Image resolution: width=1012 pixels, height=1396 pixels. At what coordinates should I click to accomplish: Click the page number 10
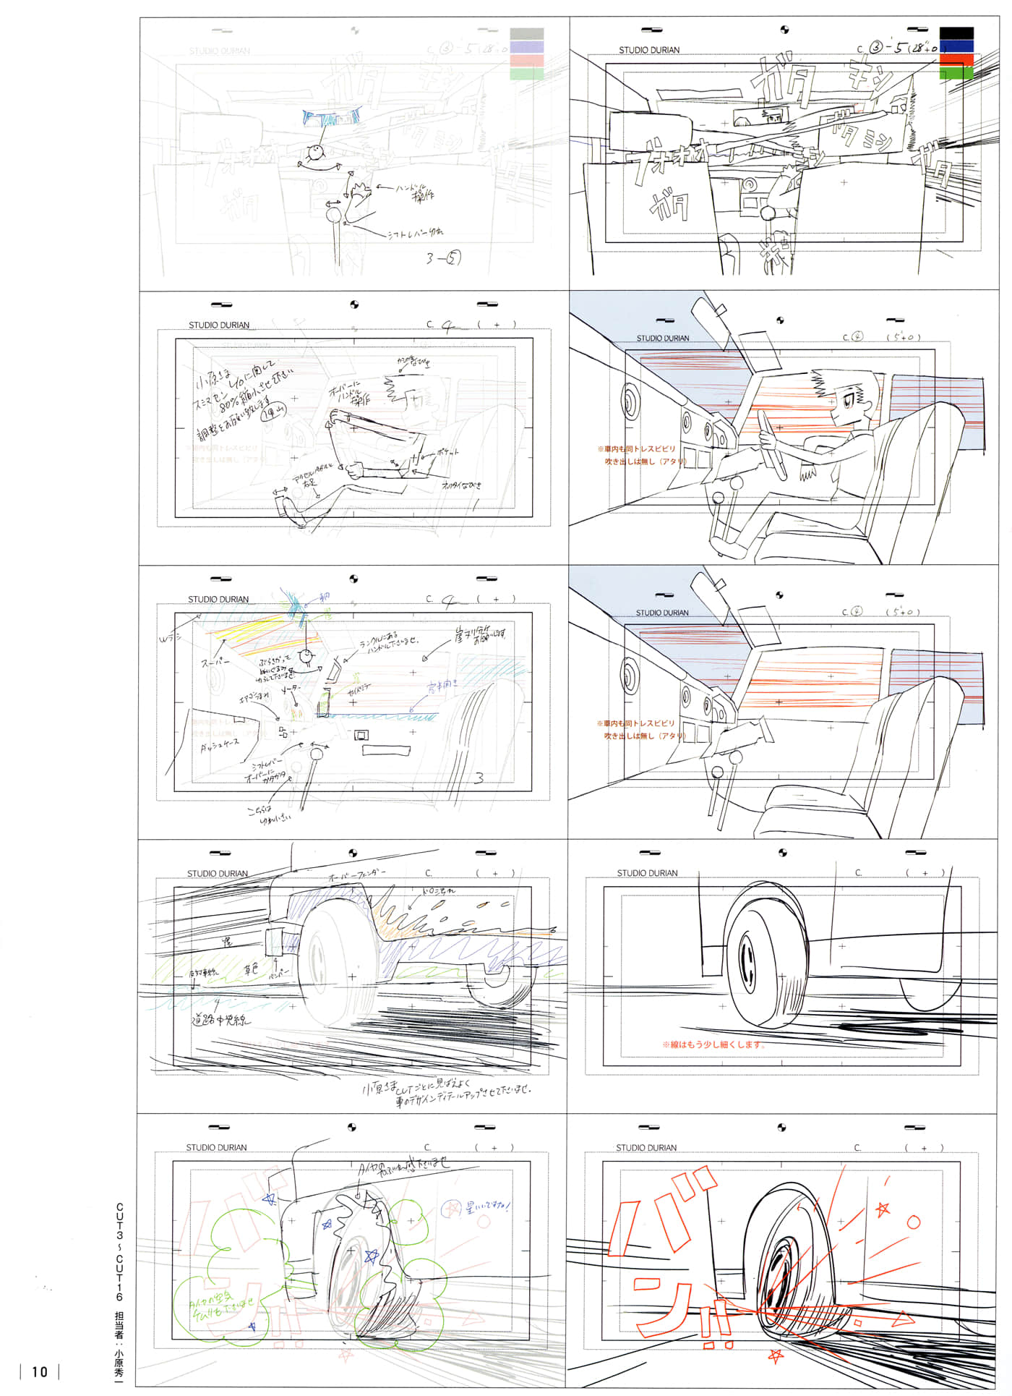[40, 1371]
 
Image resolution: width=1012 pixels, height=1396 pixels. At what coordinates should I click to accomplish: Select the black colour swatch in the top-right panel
[956, 33]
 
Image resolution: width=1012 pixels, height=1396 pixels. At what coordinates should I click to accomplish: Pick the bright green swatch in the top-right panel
[956, 72]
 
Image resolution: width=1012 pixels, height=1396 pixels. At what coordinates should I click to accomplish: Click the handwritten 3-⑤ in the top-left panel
[443, 258]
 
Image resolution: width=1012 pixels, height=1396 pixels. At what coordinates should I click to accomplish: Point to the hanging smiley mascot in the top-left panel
[316, 153]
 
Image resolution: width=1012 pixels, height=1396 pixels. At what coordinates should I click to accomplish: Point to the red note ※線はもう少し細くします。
[713, 1044]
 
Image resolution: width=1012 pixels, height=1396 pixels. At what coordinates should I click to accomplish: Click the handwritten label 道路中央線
[221, 1020]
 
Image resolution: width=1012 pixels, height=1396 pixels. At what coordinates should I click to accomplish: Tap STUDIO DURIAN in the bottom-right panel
[646, 1148]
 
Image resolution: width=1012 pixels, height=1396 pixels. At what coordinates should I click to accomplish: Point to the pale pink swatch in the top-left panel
[527, 60]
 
